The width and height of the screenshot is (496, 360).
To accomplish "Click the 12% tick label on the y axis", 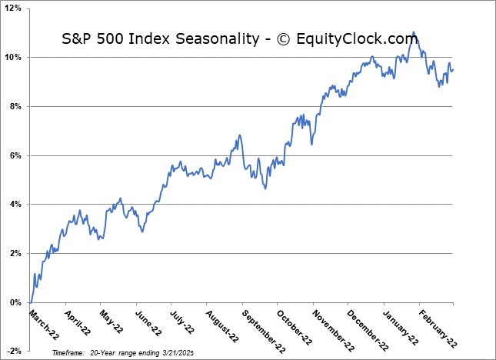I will click(13, 8).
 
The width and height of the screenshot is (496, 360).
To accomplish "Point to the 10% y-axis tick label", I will click(13, 58).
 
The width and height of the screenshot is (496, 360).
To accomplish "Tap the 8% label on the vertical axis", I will click(15, 106).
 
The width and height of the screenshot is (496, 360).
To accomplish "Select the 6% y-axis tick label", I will click(15, 155).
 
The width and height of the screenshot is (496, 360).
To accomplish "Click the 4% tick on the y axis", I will click(15, 205).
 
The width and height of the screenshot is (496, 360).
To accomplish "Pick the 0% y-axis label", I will click(15, 302).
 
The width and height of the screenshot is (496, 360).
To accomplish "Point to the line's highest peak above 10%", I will click(414, 32).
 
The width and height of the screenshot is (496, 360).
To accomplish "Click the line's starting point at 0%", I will click(30, 302).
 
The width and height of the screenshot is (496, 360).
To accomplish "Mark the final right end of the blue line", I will click(452, 70).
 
